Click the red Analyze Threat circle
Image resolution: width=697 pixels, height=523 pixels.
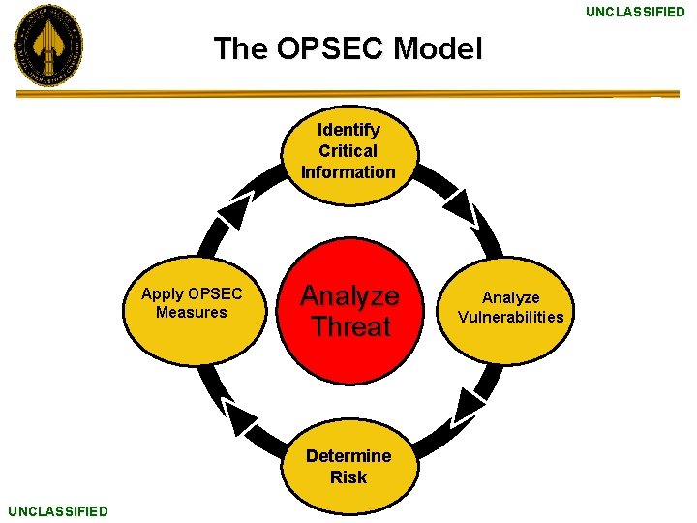349,311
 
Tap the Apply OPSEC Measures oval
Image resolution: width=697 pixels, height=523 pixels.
194,303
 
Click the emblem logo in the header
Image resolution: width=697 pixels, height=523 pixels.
47,46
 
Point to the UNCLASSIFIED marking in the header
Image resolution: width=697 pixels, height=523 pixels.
634,12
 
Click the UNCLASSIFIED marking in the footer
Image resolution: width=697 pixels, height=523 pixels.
57,510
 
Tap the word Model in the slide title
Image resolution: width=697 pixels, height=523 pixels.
443,48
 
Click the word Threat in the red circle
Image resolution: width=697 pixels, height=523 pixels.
350,326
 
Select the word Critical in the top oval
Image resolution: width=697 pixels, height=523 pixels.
348,151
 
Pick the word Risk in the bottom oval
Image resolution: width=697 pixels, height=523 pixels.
348,477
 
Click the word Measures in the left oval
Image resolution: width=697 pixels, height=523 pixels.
191,312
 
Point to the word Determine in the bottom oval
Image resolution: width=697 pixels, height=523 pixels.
348,456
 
